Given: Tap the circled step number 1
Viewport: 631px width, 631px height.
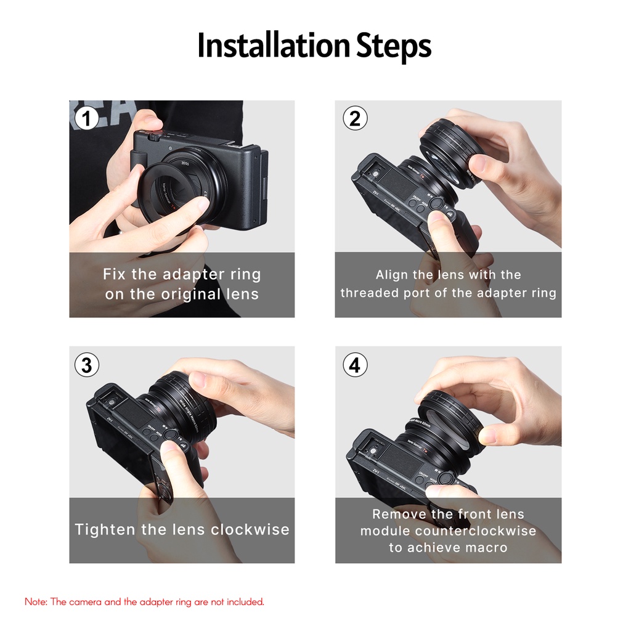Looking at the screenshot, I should click(x=87, y=118).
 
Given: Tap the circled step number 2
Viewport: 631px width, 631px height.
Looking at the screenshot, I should click(x=354, y=118).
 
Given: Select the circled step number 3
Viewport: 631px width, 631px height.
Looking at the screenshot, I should click(x=87, y=365).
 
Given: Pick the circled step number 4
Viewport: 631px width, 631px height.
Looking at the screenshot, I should click(x=354, y=365).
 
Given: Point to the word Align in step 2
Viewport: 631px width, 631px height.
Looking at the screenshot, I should click(x=392, y=275).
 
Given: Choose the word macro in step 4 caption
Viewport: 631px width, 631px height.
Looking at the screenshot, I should click(x=485, y=547).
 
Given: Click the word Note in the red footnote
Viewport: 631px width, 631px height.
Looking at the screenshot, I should click(x=35, y=601).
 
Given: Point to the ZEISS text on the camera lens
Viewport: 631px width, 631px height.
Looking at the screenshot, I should click(x=185, y=163).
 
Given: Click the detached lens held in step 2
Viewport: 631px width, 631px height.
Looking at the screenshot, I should click(x=452, y=151).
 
